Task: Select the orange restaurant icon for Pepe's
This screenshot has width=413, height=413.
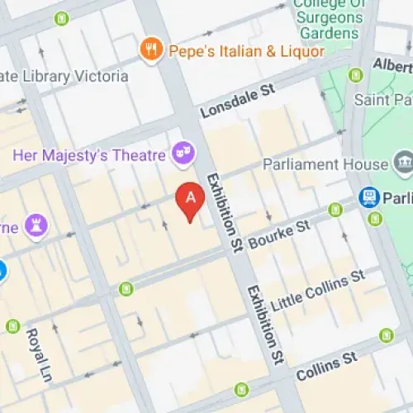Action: tap(150, 50)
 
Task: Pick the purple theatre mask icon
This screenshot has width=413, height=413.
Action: tap(183, 153)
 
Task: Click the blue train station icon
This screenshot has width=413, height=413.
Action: tap(368, 197)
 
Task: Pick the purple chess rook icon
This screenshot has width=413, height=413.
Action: tap(36, 224)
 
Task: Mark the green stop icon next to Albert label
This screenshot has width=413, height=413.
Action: tap(356, 75)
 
